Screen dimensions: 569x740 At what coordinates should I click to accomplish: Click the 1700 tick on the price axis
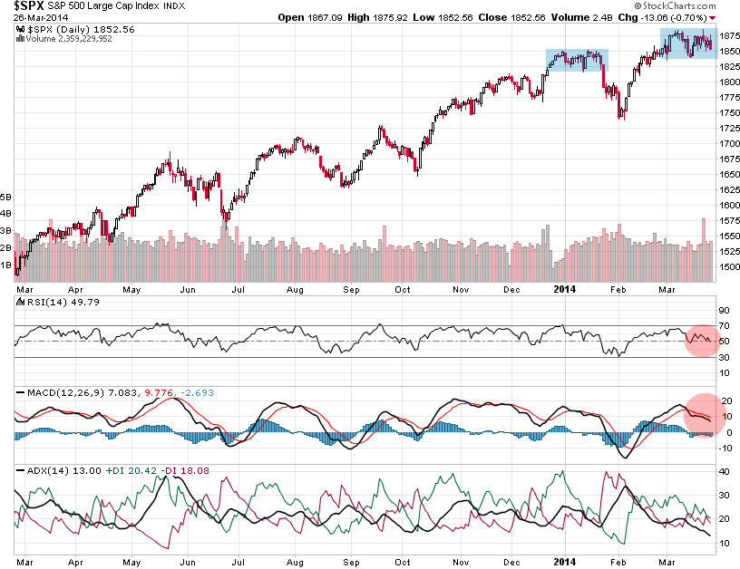point(727,143)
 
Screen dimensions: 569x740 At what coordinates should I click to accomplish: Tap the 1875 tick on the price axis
point(727,35)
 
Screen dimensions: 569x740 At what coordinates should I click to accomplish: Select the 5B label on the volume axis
point(6,197)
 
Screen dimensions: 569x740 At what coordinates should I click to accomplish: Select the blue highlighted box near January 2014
point(577,62)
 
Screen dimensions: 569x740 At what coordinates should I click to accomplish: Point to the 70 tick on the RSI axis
point(724,324)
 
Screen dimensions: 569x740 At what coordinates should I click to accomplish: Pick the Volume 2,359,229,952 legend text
point(64,39)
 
